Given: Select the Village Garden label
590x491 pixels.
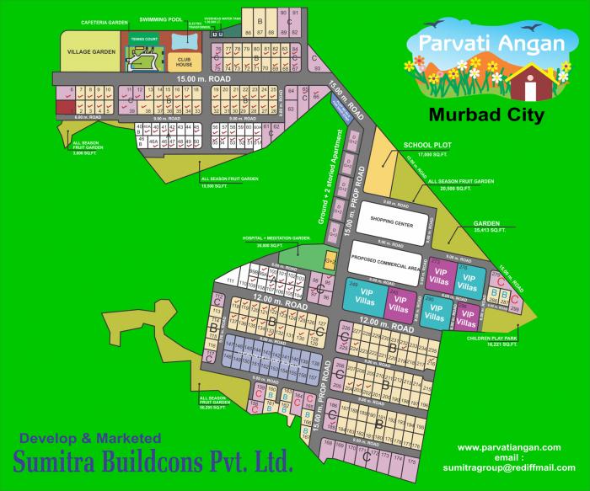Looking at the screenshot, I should click(91, 52).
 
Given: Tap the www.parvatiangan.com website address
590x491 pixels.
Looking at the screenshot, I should click(509, 446).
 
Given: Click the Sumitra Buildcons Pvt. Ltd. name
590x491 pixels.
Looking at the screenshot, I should click(153, 462).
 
